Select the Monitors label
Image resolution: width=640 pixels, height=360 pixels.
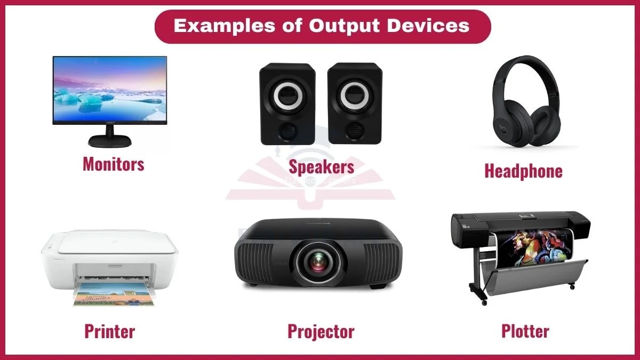113,164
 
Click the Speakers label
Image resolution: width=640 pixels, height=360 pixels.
321,166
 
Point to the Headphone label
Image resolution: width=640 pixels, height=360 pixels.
523,171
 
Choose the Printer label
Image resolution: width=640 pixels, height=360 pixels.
109,331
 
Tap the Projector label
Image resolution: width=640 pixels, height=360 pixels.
321,331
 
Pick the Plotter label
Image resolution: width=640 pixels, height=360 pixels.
525,331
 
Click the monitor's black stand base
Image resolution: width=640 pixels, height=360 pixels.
109,141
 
